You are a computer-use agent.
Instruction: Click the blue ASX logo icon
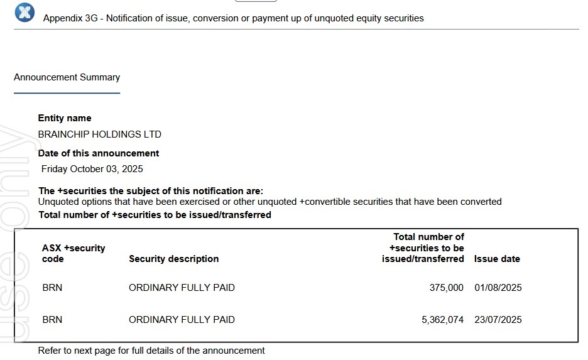24,12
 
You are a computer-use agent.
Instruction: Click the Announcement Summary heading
67,77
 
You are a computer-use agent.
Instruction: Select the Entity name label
65,118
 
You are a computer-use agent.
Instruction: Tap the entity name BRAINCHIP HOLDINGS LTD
100,134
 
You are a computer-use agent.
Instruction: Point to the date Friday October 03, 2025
92,169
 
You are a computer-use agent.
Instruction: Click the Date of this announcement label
99,153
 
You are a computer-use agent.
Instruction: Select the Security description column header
174,259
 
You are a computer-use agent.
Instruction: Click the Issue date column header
497,259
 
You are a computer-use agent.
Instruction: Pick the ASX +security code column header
73,253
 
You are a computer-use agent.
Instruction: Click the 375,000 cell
446,288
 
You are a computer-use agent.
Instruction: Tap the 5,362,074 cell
442,320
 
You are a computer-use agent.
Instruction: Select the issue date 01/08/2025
498,288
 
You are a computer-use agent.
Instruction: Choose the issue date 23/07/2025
498,320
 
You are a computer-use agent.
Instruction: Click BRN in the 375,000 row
52,288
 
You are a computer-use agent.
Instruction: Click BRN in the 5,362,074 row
52,320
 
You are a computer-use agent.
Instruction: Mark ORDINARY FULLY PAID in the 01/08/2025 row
182,288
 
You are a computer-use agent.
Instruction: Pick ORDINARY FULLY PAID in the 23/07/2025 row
182,320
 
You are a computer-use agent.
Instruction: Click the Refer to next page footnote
151,351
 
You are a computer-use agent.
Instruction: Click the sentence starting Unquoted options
270,202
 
